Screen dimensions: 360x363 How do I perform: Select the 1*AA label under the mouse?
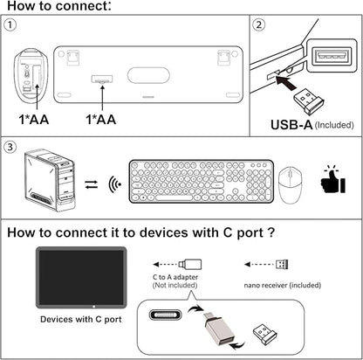pyautogui.click(x=35, y=119)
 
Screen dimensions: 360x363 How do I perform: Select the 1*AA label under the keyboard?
pyautogui.click(x=106, y=119)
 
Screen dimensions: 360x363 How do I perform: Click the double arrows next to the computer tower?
pyautogui.click(x=91, y=185)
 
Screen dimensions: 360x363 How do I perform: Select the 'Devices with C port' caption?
pyautogui.click(x=81, y=319)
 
